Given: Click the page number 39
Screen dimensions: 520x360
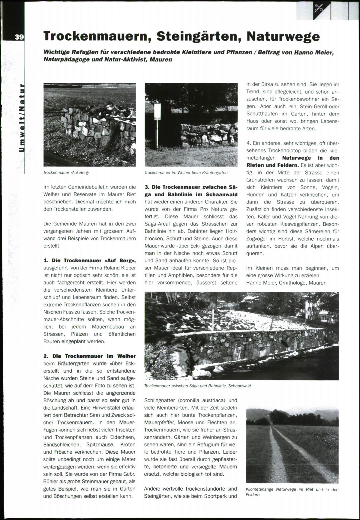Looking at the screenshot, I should click(19, 37).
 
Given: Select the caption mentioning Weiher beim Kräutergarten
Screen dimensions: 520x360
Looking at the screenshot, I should click(187, 173).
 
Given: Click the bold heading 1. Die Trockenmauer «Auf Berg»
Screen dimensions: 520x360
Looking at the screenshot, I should click(89, 260).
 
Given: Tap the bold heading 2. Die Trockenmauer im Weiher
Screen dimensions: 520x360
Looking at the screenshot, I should click(89, 356).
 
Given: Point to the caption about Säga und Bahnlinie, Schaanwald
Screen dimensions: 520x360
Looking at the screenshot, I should click(198, 386).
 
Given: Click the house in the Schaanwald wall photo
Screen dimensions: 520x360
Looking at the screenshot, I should click(250, 299).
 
